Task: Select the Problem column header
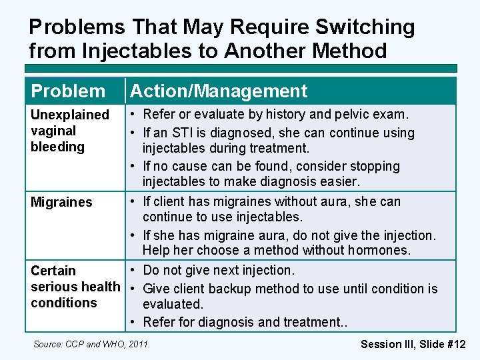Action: point(68,91)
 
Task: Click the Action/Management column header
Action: point(219,91)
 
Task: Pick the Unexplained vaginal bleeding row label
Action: point(69,131)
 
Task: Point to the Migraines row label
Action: point(61,202)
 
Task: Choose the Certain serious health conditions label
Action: point(75,287)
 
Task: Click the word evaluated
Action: point(173,304)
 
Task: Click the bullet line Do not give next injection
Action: point(218,270)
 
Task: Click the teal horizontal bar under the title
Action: point(240,68)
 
